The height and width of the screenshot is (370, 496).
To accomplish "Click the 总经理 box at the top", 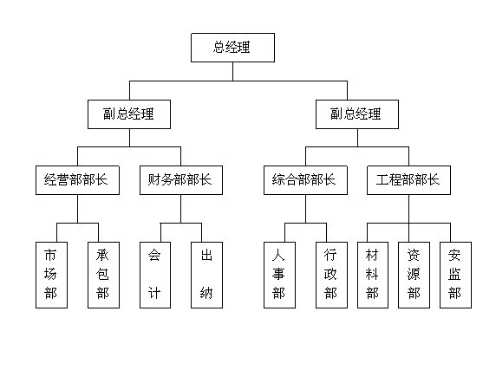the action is point(232,48).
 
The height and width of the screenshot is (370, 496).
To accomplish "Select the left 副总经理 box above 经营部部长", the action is point(129,114).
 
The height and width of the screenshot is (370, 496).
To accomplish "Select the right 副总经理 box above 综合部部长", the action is point(357,114).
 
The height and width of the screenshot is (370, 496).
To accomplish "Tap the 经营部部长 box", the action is point(77,180).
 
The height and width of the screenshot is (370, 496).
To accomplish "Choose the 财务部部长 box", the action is point(181,180).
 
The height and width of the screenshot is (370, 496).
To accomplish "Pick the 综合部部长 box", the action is point(305,180).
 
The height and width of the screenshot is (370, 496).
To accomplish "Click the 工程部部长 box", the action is point(408,180).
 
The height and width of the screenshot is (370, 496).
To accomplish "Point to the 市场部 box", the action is point(51,275).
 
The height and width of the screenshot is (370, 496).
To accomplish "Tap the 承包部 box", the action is point(103,275).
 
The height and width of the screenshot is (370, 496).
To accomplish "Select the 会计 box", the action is point(155,275).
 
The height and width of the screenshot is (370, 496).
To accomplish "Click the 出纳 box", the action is point(207,275).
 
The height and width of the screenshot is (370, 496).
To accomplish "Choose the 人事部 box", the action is point(279,275).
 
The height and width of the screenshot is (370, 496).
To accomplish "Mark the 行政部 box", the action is point(331,275).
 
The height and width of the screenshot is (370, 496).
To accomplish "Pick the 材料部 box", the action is point(373,275).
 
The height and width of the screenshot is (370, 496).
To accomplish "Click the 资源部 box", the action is point(414,275).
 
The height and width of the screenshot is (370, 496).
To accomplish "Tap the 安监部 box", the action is point(455,275).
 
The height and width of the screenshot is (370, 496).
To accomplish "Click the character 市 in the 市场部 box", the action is point(50,256).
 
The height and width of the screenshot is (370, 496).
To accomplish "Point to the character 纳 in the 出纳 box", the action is point(206,293).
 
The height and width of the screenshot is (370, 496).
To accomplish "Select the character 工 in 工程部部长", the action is point(382,179).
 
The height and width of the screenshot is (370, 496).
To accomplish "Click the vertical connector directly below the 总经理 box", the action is point(232,71).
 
